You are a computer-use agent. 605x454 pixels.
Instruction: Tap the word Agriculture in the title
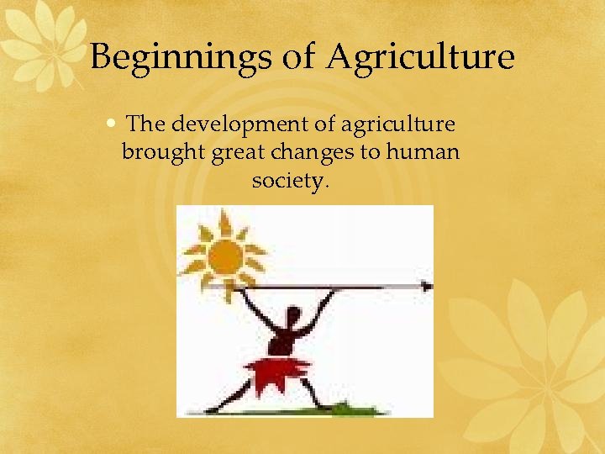(x=420, y=58)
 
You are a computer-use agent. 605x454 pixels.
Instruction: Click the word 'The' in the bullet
(x=145, y=125)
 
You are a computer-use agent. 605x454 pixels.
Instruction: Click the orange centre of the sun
(x=225, y=256)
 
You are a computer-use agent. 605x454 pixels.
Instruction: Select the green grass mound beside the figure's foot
(x=345, y=409)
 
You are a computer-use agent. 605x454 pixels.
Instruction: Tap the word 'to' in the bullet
(x=369, y=153)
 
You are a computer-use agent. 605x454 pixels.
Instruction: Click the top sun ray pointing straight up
(x=224, y=220)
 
